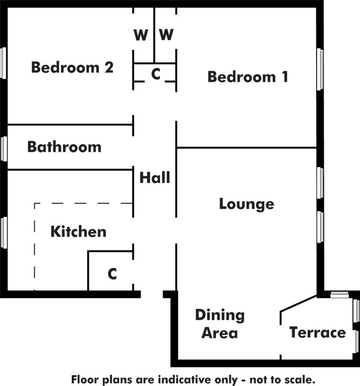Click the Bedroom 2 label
click(72, 67)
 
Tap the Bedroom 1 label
click(248, 77)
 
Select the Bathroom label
click(64, 147)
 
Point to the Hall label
click(155, 178)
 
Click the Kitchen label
click(78, 232)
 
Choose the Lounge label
click(246, 204)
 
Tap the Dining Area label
click(220, 324)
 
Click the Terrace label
click(318, 332)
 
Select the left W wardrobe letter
click(141, 35)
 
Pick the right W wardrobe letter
click(166, 34)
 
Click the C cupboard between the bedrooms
click(156, 74)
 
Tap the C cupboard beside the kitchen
click(112, 274)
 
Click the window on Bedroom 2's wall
click(3, 63)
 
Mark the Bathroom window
click(4, 149)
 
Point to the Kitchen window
click(4, 232)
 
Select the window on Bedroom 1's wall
click(320, 69)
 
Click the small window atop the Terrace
click(339, 295)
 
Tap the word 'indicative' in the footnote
click(185, 380)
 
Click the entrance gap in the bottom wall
click(152, 294)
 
